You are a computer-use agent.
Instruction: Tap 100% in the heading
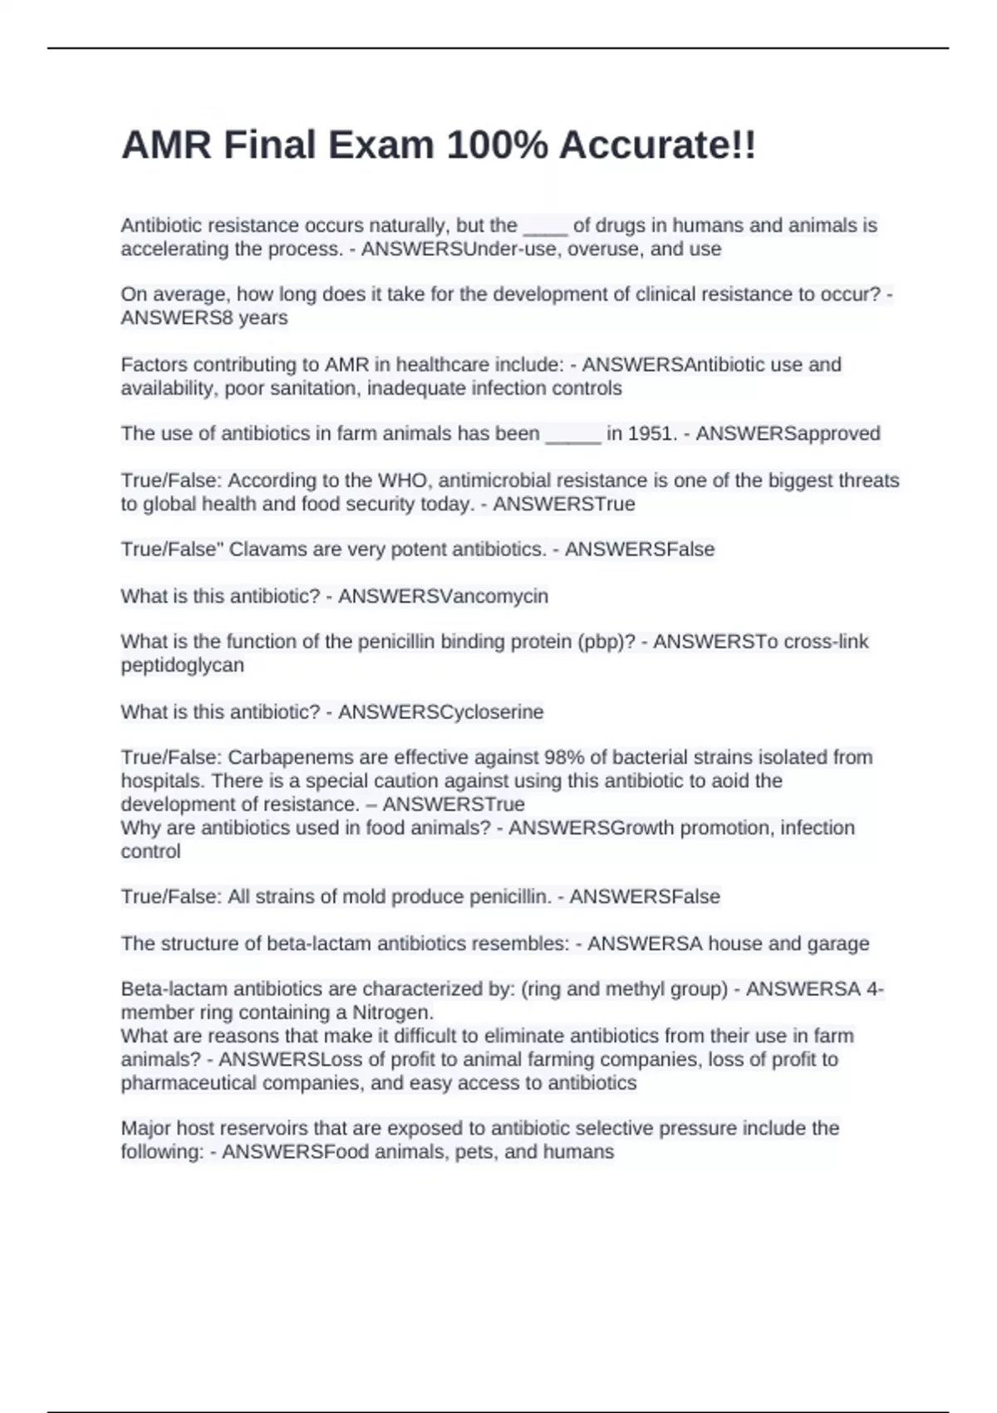coord(497,145)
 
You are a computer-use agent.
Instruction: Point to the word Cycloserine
coord(491,712)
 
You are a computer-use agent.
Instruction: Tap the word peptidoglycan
coord(182,665)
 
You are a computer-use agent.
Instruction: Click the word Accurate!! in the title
coord(657,145)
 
